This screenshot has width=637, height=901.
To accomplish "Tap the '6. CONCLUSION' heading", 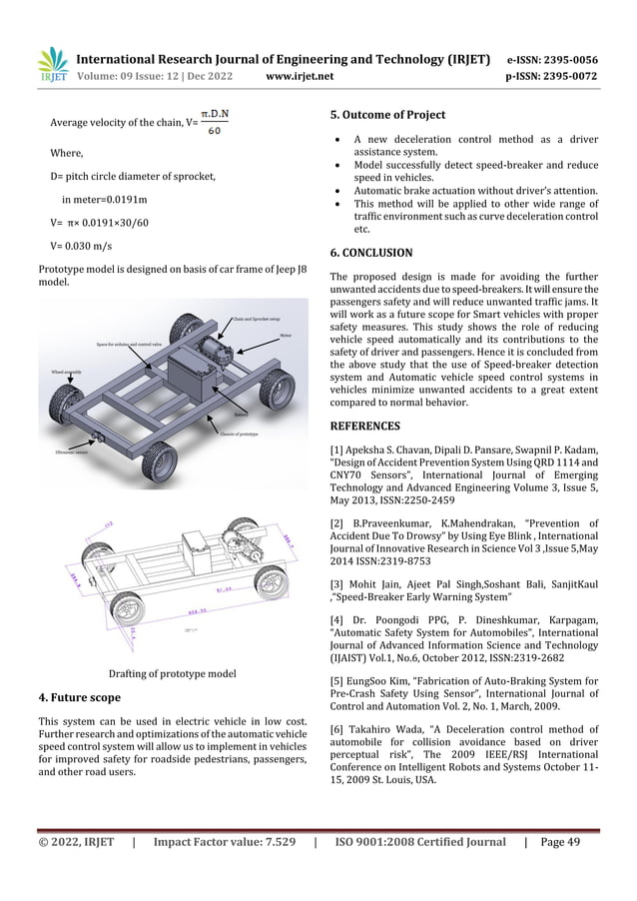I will click(x=370, y=253).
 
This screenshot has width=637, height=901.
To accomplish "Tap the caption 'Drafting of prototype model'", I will click(x=172, y=672).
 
